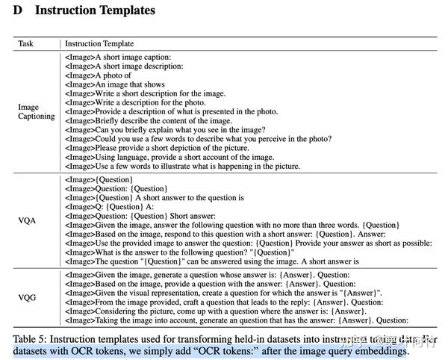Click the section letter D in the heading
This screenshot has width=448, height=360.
[x=17, y=10]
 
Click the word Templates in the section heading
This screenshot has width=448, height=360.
[x=124, y=10]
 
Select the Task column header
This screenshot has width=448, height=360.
[x=26, y=43]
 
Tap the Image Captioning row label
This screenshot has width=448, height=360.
[x=37, y=111]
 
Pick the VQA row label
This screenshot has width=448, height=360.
[x=28, y=221]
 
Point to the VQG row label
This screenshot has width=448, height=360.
[x=28, y=297]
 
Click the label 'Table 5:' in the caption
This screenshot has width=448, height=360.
[x=31, y=339]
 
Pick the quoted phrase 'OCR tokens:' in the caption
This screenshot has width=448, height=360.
[x=212, y=351]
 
